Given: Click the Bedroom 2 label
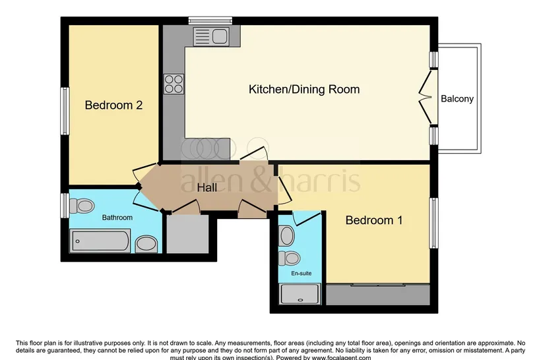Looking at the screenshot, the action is [x=113, y=105].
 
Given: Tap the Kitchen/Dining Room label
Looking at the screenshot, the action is [x=304, y=89].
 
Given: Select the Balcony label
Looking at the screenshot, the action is [x=457, y=99].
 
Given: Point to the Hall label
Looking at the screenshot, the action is [x=207, y=188].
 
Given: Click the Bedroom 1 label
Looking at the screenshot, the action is [x=374, y=220].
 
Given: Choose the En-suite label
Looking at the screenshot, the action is [x=302, y=273].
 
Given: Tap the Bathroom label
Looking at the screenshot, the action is [x=117, y=218].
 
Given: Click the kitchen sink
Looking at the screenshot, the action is [x=211, y=36].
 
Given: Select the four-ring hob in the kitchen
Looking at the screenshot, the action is [x=174, y=84].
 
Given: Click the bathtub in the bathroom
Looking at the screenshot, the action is [x=100, y=241].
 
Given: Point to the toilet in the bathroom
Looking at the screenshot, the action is [x=82, y=206].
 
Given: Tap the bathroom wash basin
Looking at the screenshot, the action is [x=146, y=244].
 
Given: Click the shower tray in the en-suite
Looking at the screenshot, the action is [x=300, y=294].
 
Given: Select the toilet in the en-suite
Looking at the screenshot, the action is [x=289, y=258].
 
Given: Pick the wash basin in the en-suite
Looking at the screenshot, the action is [x=287, y=236].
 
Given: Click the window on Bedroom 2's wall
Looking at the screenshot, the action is [x=65, y=111].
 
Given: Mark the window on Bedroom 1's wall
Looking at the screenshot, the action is [x=433, y=223].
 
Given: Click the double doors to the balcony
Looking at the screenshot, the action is [x=426, y=97].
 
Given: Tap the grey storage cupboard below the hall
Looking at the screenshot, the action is [x=187, y=234].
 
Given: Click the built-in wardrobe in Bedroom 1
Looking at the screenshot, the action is [x=378, y=295].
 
